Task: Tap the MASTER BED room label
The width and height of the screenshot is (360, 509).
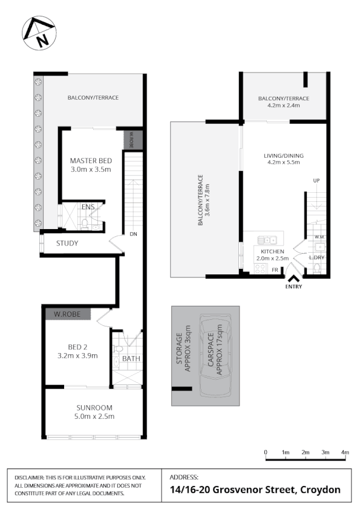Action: [91, 160]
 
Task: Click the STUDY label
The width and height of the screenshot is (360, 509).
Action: [68, 244]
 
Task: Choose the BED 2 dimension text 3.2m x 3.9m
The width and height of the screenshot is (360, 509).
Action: [77, 355]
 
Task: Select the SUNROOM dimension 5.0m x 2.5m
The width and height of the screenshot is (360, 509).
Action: [94, 416]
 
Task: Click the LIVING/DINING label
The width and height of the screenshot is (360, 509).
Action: [283, 155]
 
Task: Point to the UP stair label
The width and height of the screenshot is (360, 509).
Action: [316, 181]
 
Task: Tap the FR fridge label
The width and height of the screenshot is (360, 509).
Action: [275, 270]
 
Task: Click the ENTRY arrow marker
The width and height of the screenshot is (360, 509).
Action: [293, 279]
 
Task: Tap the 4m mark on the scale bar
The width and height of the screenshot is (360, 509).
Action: [345, 452]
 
